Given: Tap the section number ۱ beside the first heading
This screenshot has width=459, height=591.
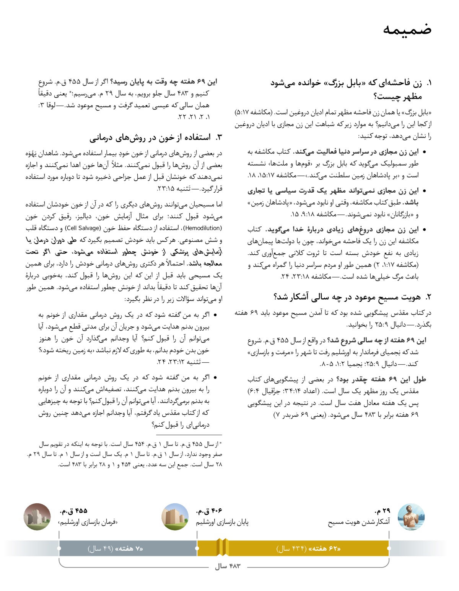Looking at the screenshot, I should [429, 83].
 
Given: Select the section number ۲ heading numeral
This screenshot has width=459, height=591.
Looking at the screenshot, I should [428, 297].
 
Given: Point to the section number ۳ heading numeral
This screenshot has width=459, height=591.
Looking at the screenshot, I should [219, 138].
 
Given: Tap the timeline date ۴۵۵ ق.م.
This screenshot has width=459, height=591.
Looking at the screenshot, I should [74, 511].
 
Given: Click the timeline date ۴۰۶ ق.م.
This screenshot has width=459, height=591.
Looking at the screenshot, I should [209, 511].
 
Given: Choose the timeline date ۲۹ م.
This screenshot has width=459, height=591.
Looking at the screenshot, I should [382, 511].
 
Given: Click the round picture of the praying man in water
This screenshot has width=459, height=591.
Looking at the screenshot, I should [411, 517].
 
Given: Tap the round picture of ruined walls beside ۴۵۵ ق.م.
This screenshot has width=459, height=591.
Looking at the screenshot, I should [37, 517].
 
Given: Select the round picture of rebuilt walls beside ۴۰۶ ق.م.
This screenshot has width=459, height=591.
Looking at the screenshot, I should [175, 517].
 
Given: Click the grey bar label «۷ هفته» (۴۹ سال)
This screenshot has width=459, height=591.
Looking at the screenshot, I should [116, 549].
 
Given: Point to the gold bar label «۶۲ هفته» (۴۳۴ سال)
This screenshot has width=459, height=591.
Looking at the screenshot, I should [308, 549].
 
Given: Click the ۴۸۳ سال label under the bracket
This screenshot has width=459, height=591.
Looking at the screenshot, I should [228, 566].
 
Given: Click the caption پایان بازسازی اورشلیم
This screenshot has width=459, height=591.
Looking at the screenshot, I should [222, 522].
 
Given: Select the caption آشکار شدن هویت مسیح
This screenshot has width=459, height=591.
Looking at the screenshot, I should [359, 522].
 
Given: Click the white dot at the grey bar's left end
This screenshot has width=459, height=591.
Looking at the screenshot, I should [59, 548].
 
